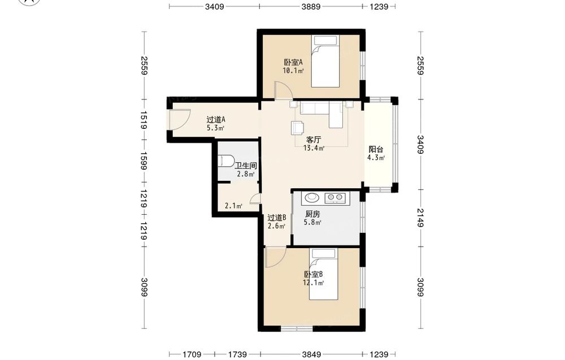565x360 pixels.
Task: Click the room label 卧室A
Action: click(293, 62)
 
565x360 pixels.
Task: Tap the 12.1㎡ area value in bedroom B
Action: click(313, 283)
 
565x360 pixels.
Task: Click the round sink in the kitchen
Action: click(312, 197)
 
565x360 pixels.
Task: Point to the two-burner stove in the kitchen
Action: click(334, 197)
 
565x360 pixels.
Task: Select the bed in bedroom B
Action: click(324, 274)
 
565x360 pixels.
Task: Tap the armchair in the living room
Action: click(297, 127)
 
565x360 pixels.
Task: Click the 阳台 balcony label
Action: click(376, 150)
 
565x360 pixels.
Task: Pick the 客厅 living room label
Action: click(314, 140)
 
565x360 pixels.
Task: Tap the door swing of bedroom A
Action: click(284, 90)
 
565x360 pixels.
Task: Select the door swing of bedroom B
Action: click(275, 257)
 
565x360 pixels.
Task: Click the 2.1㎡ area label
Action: click(233, 206)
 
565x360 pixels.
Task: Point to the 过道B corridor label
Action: click(277, 218)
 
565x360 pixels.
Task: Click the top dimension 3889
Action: click(311, 6)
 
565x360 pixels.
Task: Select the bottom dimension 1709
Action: click(192, 354)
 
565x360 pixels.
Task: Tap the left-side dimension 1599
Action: click(143, 161)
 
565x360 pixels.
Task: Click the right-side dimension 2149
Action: click(420, 218)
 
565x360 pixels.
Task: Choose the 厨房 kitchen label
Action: click(312, 214)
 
